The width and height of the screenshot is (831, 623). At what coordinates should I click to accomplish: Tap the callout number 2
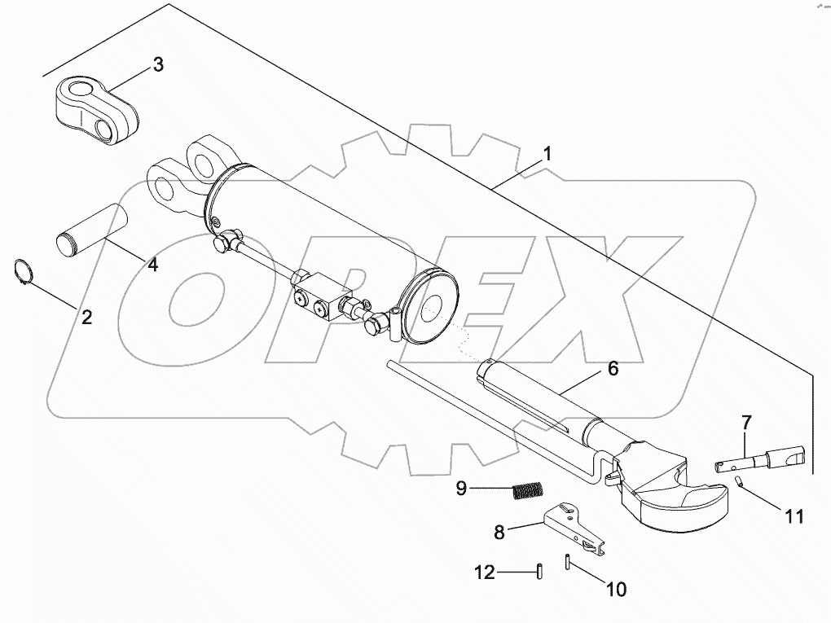coord(86,317)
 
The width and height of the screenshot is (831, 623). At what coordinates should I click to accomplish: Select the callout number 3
coord(158,65)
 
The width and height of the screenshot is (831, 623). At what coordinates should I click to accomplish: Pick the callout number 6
coord(612,368)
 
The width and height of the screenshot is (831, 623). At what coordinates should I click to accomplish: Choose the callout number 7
coord(746,423)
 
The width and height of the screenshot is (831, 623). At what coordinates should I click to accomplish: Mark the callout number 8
coord(499,532)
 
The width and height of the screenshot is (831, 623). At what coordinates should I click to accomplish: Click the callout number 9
coord(461,489)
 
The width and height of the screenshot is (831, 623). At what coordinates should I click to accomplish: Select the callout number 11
coord(794,515)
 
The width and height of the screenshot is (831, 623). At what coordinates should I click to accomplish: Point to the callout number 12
coord(484,573)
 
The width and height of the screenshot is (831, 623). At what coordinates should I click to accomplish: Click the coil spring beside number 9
coord(527,491)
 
